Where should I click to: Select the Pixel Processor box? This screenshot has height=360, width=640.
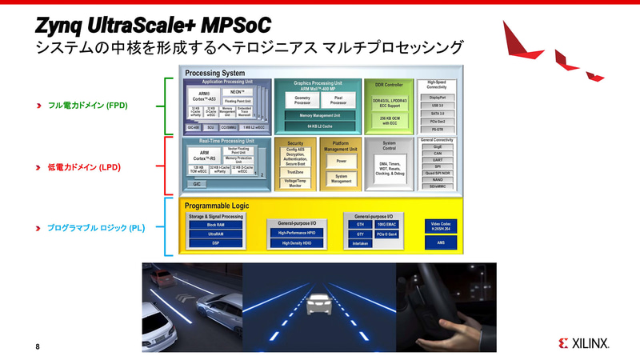338,100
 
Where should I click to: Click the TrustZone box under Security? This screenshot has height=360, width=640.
294,172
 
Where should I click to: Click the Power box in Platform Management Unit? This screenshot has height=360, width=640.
340,160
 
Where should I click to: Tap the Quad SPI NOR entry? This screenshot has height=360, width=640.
436,172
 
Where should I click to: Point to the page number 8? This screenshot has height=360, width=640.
38,346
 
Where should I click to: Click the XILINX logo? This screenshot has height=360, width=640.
584,343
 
